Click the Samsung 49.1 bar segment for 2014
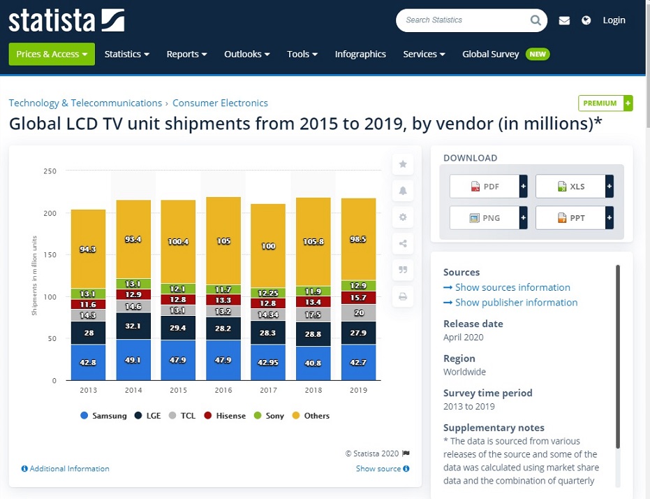[x=133, y=360]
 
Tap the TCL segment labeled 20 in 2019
[x=359, y=312]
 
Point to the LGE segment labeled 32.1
[x=133, y=326]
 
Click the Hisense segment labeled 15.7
[x=359, y=298]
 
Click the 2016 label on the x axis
[x=223, y=391]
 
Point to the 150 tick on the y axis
[x=50, y=255]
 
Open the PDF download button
[x=485, y=187]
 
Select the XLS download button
[x=570, y=187]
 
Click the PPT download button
[x=570, y=218]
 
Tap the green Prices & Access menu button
[x=52, y=54]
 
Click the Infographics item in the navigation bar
[x=360, y=54]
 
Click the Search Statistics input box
[x=464, y=20]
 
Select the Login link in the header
[x=614, y=20]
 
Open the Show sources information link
[x=512, y=287]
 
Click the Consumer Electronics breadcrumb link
[x=220, y=103]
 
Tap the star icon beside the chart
[x=403, y=164]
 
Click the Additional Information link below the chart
[x=69, y=469]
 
